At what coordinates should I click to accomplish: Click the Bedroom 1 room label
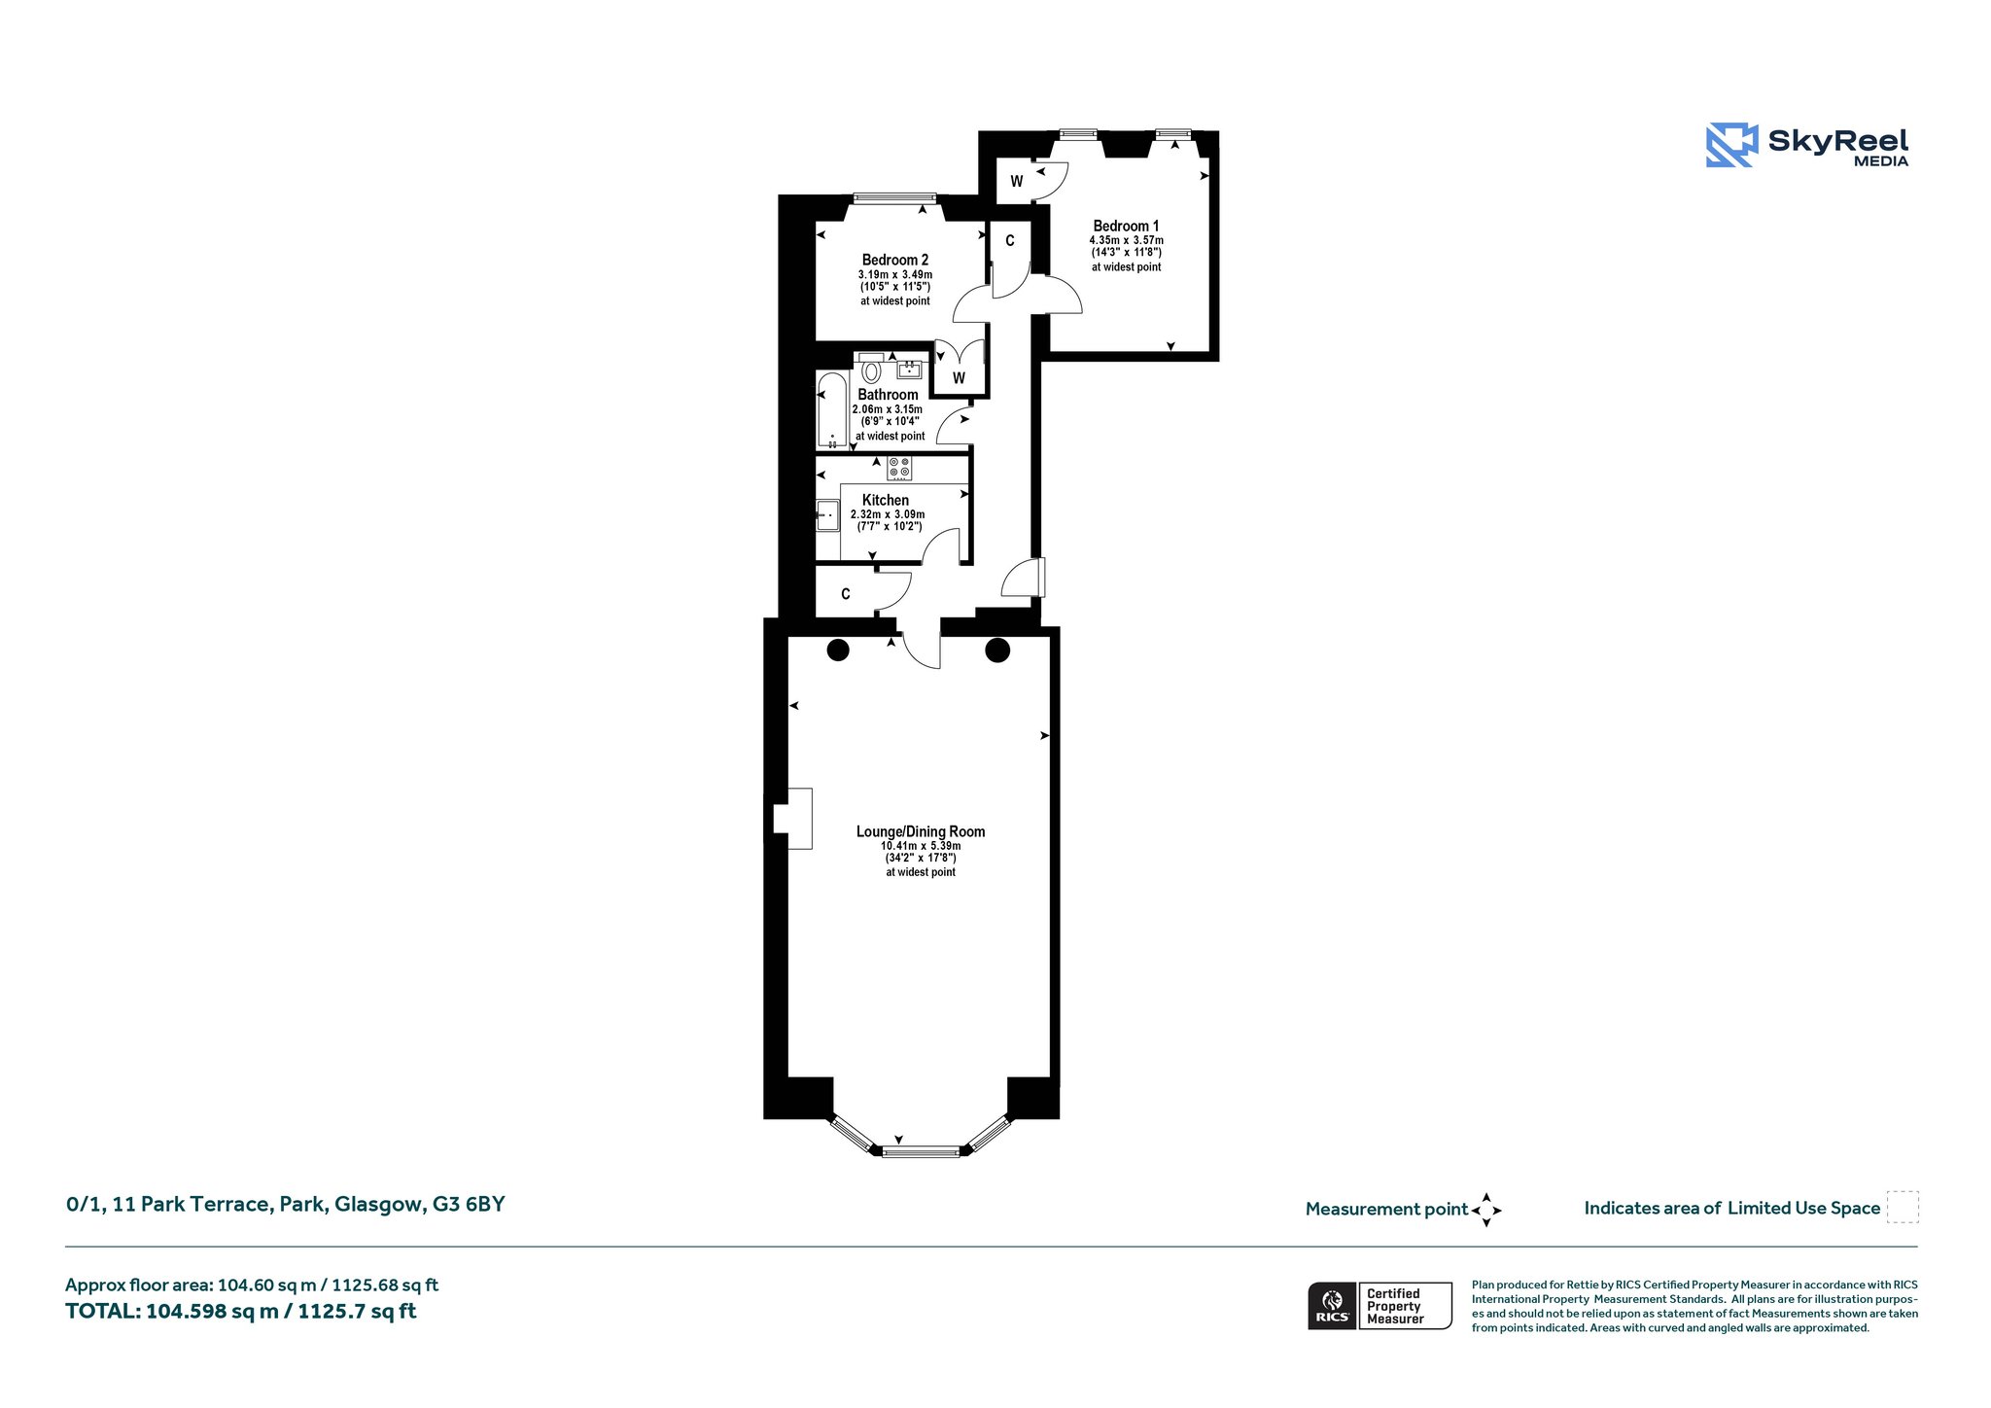coord(1126,226)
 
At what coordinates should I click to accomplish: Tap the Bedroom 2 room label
coord(895,260)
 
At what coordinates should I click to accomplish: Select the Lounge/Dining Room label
coord(921,831)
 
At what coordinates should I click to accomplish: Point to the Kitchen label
coord(886,500)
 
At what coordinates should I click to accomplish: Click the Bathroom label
coord(888,395)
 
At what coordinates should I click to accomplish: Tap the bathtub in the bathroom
coord(832,410)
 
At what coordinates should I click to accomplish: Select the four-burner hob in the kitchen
coord(899,468)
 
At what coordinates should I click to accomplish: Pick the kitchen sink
coord(827,515)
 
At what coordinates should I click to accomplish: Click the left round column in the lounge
coord(838,650)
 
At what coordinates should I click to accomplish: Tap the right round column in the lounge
coord(997,650)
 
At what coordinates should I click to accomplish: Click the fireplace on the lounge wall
coord(792,818)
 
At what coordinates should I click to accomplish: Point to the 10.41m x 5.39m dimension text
coord(921,846)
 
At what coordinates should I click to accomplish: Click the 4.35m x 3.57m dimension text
coord(1126,240)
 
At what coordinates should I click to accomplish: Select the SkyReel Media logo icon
coord(1731,145)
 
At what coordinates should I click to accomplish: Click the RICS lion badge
coord(1333,1306)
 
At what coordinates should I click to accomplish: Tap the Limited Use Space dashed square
coord(1903,1207)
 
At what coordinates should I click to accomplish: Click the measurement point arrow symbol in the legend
coord(1486,1211)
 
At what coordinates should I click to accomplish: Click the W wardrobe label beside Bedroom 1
coord(1016,182)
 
